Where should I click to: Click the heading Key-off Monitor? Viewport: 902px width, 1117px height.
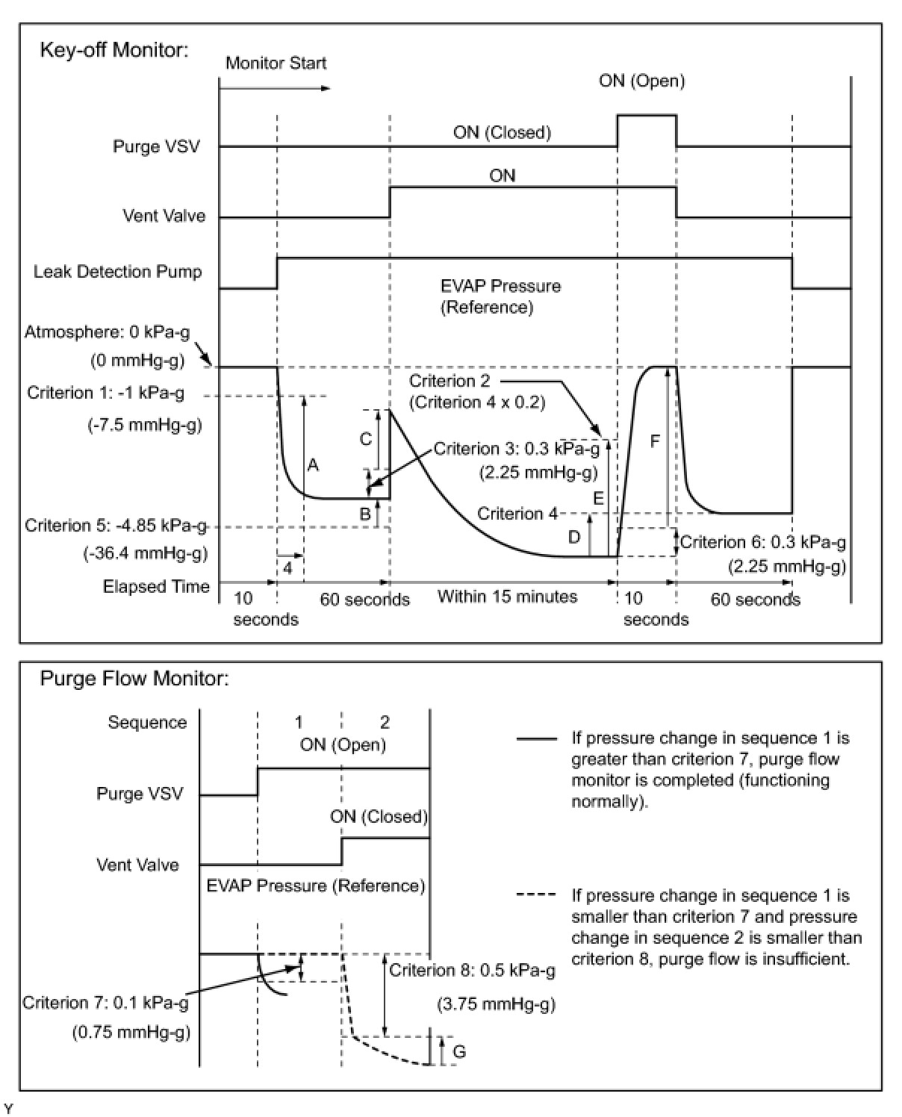tap(113, 50)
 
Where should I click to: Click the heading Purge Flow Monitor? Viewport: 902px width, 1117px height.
tap(134, 679)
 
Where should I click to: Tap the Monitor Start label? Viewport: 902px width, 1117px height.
tap(276, 63)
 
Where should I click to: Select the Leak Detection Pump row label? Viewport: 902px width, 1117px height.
tap(117, 272)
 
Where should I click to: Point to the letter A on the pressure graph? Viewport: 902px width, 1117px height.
tap(313, 466)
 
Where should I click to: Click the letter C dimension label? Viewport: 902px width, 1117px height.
tap(366, 439)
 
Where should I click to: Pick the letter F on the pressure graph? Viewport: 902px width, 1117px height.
tap(655, 441)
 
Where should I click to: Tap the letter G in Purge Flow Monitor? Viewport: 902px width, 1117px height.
tap(459, 1052)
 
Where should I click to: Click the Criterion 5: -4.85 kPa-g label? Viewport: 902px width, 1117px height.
tap(116, 526)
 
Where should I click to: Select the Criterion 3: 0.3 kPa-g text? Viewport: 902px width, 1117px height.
tap(516, 449)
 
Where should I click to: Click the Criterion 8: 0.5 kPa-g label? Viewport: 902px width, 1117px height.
tap(472, 970)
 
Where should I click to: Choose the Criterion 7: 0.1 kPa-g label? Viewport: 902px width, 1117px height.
tap(105, 1003)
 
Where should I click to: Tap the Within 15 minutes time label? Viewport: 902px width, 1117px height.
tap(507, 597)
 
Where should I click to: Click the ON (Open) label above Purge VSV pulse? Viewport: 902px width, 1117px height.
tap(641, 81)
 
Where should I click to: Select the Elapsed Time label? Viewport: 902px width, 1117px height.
tap(156, 587)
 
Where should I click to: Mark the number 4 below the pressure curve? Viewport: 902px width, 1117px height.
tap(288, 568)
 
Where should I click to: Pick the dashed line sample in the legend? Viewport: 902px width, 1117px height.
tap(536, 895)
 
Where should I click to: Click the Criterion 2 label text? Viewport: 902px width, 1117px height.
tap(450, 381)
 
